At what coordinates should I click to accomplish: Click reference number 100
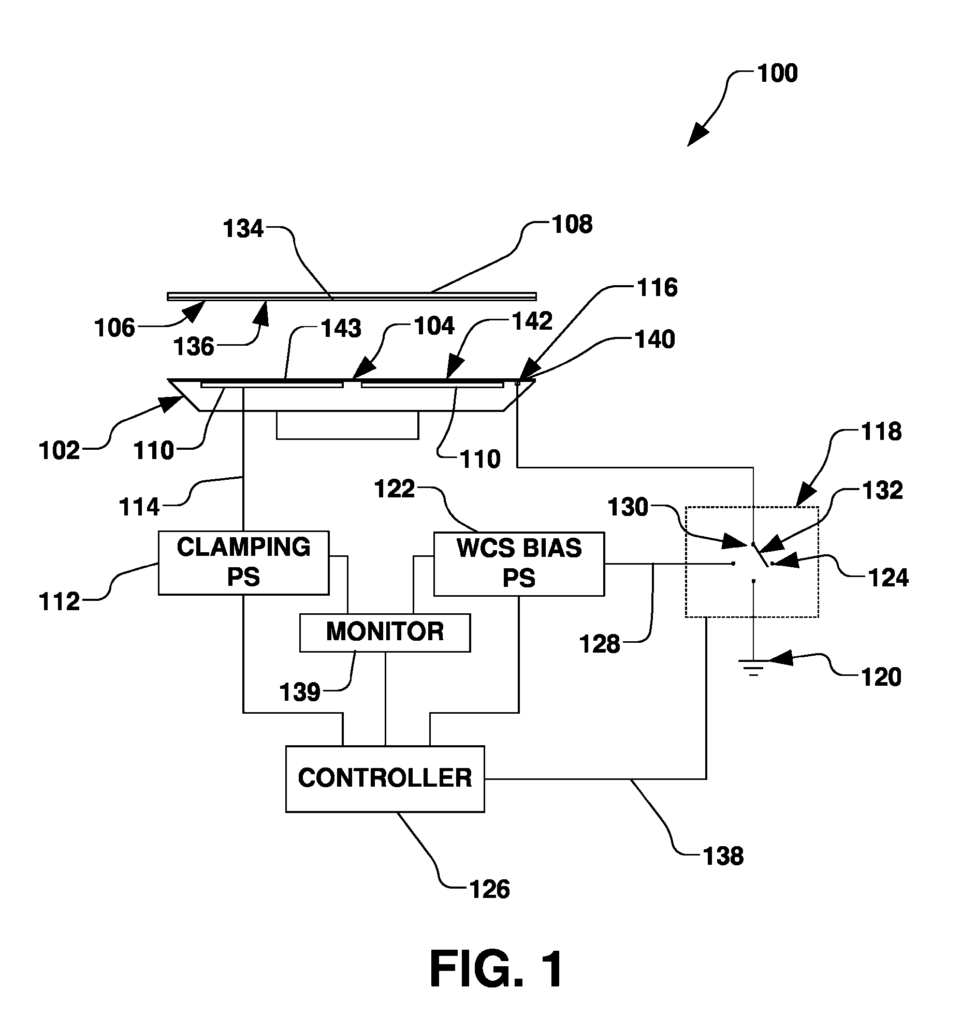(x=777, y=73)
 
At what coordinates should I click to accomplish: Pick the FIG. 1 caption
(x=497, y=968)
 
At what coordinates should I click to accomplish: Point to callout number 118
(x=881, y=431)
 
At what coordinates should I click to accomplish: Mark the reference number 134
(x=243, y=229)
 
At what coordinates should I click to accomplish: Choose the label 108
(x=572, y=225)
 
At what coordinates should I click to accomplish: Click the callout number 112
(x=60, y=602)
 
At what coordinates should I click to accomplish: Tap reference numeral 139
(x=300, y=692)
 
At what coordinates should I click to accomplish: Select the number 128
(x=600, y=644)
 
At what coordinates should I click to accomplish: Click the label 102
(x=60, y=451)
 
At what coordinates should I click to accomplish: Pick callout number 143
(x=341, y=329)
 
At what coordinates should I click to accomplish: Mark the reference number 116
(x=657, y=288)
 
